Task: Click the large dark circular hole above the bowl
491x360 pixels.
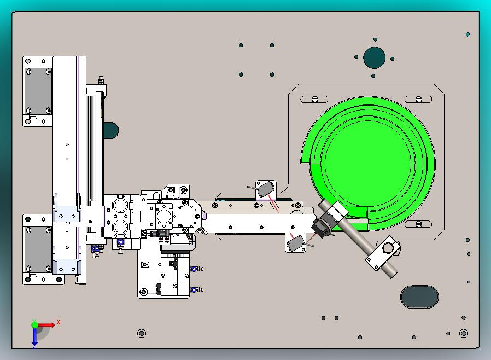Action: click(374, 57)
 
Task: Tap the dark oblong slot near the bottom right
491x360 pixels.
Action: click(419, 297)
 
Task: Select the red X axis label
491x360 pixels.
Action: click(59, 322)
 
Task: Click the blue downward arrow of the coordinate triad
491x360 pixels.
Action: click(34, 337)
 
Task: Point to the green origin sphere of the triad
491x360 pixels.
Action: click(35, 324)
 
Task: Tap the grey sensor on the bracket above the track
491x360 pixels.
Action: click(266, 189)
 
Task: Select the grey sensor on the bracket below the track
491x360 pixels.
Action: click(295, 243)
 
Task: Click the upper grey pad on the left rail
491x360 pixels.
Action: click(38, 91)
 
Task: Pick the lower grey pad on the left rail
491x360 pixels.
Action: click(38, 249)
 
